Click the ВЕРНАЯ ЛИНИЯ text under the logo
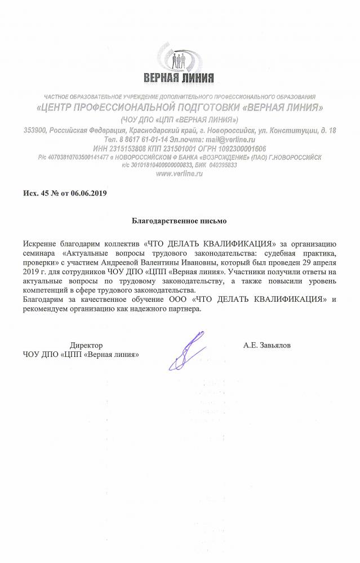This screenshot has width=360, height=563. (x=179, y=77)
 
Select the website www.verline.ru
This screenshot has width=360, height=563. (x=179, y=174)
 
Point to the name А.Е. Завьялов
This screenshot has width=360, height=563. (x=268, y=343)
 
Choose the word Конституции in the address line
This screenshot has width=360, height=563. (x=297, y=130)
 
